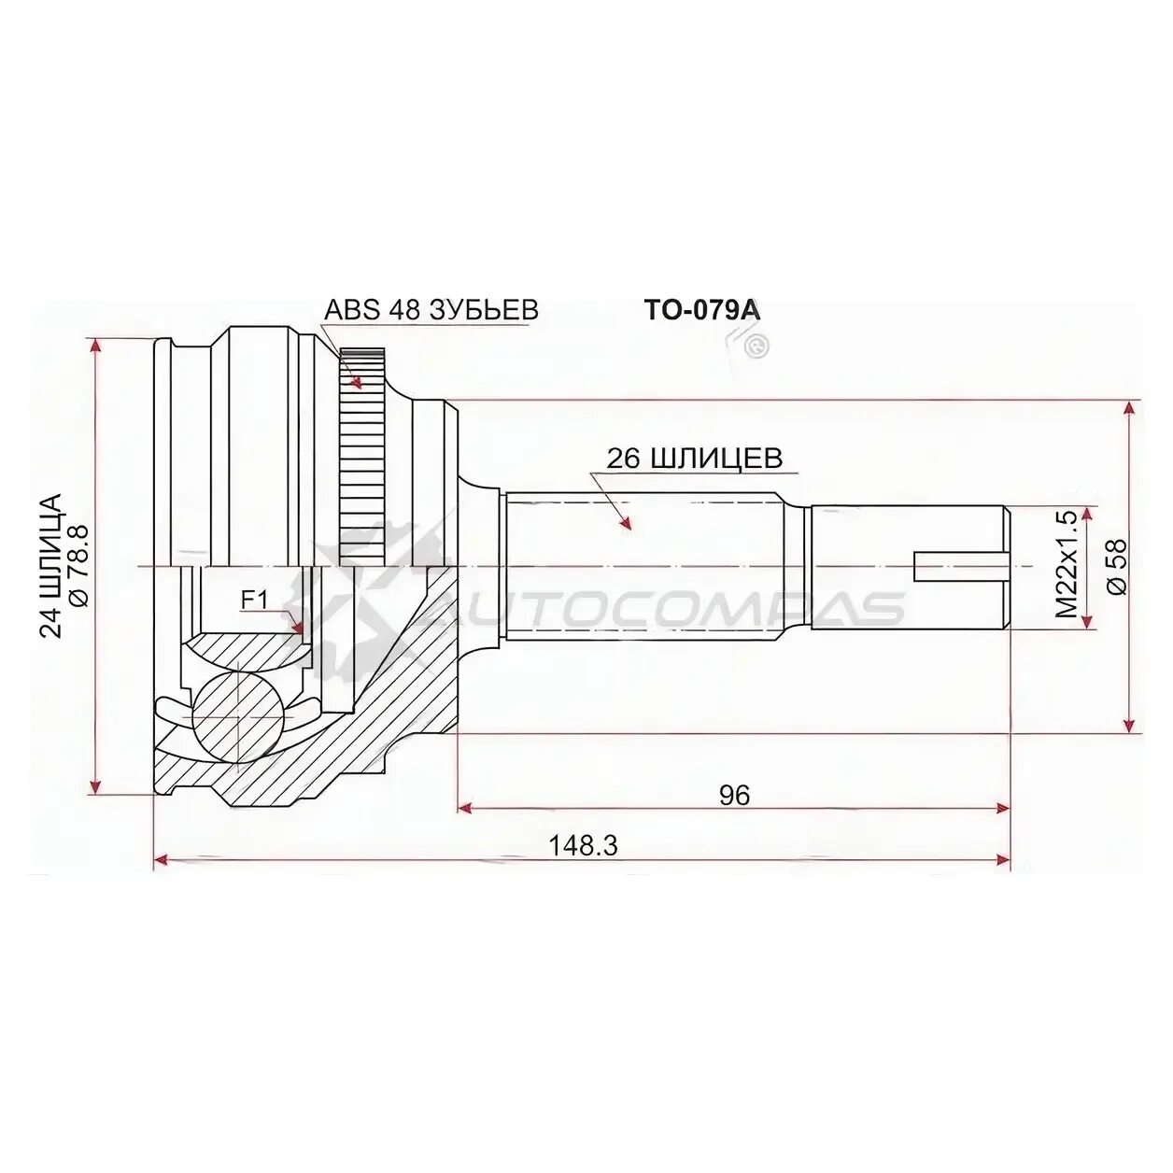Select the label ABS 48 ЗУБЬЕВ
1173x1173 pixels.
(431, 310)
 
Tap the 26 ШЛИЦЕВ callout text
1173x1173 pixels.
(694, 458)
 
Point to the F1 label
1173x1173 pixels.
(254, 600)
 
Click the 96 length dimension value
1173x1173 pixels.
(734, 795)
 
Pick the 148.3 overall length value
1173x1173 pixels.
(583, 845)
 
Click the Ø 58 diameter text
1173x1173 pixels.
(1116, 566)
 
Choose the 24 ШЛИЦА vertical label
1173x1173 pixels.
(50, 565)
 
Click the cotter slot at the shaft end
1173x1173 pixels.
(960, 566)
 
